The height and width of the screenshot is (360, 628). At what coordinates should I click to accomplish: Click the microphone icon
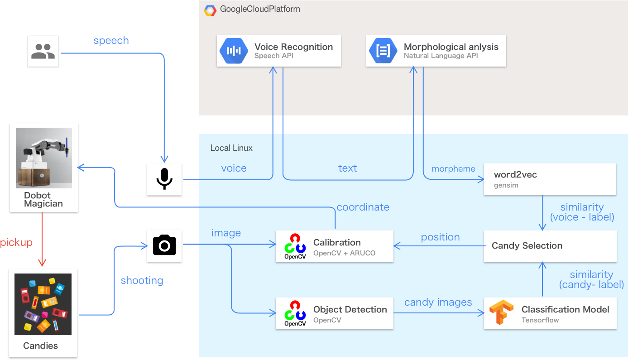(164, 179)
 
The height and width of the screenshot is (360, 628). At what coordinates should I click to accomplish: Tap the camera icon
(164, 246)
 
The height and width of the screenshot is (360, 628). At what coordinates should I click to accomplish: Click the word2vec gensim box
(550, 179)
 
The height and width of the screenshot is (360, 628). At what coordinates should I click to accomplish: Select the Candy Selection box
(550, 246)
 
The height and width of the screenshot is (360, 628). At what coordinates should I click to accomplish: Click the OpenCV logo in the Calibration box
(295, 246)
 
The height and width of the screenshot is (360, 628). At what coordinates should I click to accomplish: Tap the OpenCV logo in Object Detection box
(295, 313)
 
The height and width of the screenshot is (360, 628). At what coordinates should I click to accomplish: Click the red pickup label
(16, 243)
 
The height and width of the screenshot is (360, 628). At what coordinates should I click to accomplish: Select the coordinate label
(363, 207)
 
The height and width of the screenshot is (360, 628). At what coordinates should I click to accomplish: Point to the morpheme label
(453, 169)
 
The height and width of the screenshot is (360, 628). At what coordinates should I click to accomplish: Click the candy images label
(438, 302)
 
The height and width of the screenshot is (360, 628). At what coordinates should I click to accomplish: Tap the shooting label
(142, 281)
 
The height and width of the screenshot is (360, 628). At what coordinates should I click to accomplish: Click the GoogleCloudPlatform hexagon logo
(210, 10)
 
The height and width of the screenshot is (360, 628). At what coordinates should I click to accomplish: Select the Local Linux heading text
(231, 148)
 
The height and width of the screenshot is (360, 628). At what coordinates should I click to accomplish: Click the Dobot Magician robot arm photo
(44, 158)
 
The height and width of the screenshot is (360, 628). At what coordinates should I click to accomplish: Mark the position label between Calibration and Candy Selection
(440, 237)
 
